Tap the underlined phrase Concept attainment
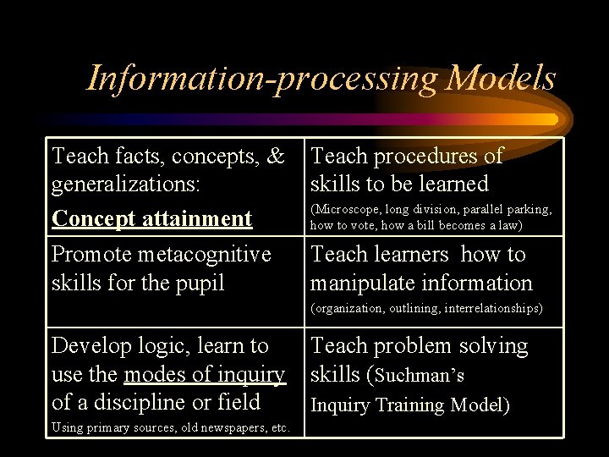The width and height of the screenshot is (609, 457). (152, 218)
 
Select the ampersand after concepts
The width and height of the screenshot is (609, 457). (276, 156)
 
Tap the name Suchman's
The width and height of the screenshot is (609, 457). (420, 375)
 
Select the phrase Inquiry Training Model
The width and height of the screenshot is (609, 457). (411, 405)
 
